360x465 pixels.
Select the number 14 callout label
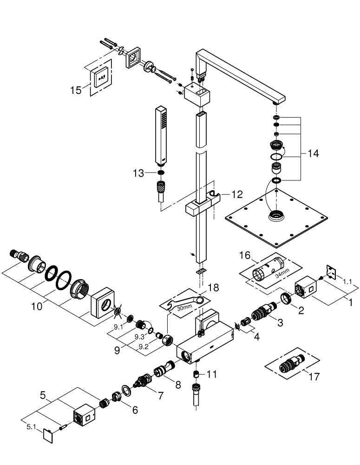(x=313, y=153)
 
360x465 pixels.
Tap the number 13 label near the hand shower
(x=138, y=173)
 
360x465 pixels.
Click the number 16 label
(x=244, y=255)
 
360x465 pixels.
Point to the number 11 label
(x=211, y=374)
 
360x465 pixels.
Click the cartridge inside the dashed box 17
(x=289, y=364)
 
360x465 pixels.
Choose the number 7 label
(x=160, y=396)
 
